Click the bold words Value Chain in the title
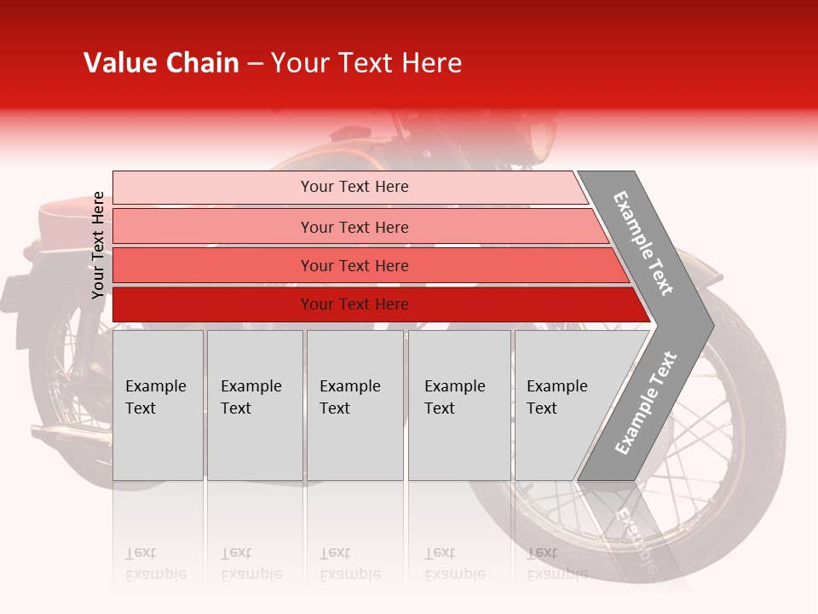pos(161,63)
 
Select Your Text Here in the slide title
pos(366,63)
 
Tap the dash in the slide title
pos(255,64)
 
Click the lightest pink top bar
pos(349,187)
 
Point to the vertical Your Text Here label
pos(98,246)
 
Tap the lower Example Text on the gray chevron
pos(646,403)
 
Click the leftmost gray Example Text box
pos(158,405)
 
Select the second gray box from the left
pos(254,405)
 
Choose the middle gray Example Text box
pos(354,405)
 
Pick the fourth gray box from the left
pos(458,405)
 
